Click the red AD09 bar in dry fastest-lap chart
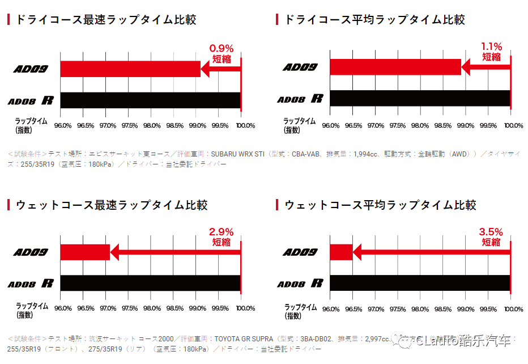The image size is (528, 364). [130, 69]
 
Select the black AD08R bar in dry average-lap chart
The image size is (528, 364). [420, 98]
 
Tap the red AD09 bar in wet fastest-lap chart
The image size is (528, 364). [85, 252]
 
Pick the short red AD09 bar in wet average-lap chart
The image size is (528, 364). [341, 252]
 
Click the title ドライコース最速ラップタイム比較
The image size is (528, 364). [105, 20]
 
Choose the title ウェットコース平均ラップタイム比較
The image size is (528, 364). [380, 205]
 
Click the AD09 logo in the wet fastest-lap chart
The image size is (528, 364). [31, 252]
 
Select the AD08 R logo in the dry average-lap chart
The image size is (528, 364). [300, 99]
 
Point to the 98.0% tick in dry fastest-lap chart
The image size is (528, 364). [152, 125]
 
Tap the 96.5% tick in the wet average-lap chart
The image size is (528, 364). [353, 309]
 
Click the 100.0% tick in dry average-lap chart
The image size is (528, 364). [513, 125]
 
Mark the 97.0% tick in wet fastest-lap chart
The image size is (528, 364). [107, 309]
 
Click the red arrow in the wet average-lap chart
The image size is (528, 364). [431, 252]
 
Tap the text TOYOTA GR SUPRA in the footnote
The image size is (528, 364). [243, 338]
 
